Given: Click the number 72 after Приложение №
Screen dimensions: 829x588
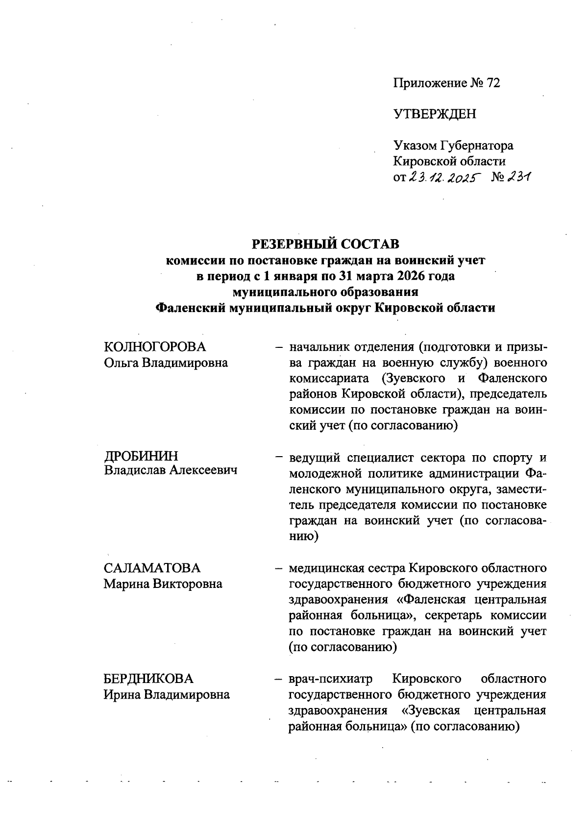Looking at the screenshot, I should pyautogui.click(x=492, y=83).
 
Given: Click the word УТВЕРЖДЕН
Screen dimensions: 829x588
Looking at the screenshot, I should pyautogui.click(x=435, y=115).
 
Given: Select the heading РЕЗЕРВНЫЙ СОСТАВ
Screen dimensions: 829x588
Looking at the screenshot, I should pyautogui.click(x=325, y=244).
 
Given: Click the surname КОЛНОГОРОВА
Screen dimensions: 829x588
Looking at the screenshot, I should pyautogui.click(x=155, y=347).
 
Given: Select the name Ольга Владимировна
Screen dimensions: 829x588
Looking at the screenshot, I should pyautogui.click(x=166, y=363).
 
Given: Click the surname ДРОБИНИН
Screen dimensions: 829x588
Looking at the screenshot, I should pyautogui.click(x=141, y=456).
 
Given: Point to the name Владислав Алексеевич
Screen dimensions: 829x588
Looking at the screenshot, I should pyautogui.click(x=171, y=471).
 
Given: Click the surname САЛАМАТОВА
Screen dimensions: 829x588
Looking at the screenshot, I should pyautogui.click(x=152, y=568).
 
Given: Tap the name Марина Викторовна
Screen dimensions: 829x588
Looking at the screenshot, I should pyautogui.click(x=163, y=584).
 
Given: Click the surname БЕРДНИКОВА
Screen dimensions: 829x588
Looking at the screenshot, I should pyautogui.click(x=148, y=679).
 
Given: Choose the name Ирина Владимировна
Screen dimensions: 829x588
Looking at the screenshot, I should pyautogui.click(x=167, y=695).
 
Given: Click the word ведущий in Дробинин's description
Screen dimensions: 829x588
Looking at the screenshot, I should pyautogui.click(x=314, y=459).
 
